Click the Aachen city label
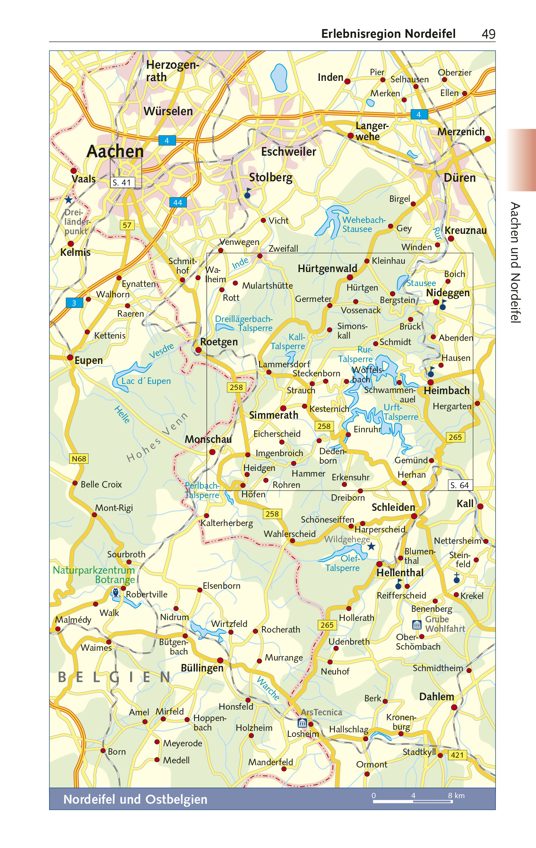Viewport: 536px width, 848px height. [x=115, y=151]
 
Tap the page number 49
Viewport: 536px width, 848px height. [x=488, y=34]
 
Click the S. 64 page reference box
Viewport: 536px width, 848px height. [x=460, y=485]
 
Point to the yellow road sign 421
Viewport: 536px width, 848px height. [x=457, y=755]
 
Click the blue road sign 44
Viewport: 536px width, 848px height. [x=177, y=202]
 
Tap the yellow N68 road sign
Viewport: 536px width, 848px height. [x=79, y=458]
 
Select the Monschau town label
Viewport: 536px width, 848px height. [x=208, y=439]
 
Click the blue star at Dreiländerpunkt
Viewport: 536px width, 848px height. [x=68, y=200]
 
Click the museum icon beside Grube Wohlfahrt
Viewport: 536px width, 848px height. [x=416, y=625]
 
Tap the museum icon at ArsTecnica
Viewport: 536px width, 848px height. [x=302, y=723]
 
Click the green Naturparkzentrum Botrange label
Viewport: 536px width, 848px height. [x=94, y=574]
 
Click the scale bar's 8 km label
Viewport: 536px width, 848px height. [x=456, y=795]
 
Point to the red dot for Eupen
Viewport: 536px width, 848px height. [x=70, y=357]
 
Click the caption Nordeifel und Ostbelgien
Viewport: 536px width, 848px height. [x=135, y=799]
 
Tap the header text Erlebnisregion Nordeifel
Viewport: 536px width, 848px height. [x=388, y=34]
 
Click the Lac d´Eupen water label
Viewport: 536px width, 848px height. [x=146, y=381]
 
